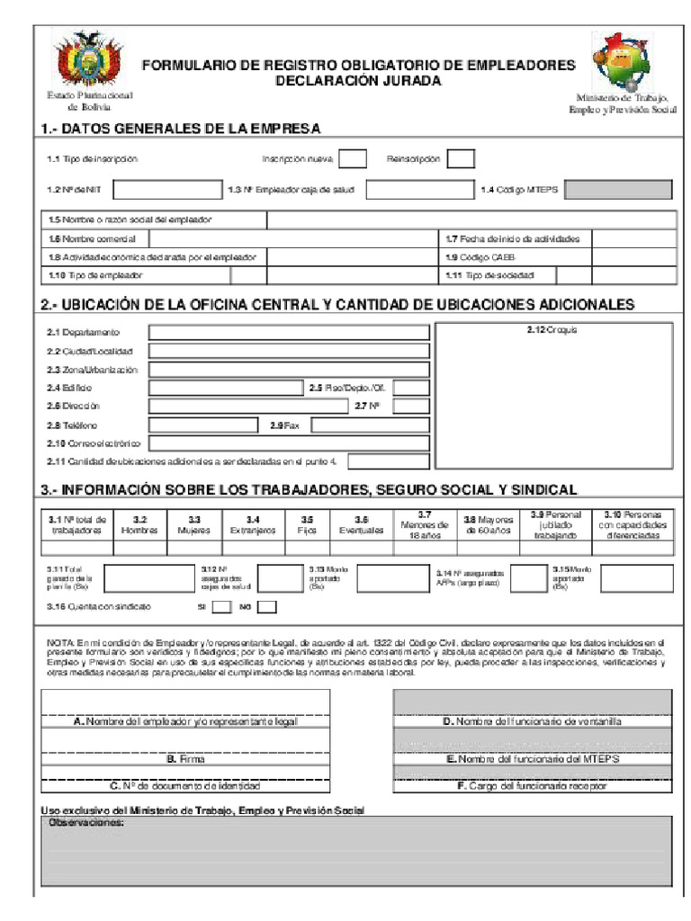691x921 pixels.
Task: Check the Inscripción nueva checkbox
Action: pyautogui.click(x=353, y=159)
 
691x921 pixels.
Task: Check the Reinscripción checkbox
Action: pyautogui.click(x=461, y=159)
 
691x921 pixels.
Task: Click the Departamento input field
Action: pyautogui.click(x=289, y=333)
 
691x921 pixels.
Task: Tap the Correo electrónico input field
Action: pyautogui.click(x=289, y=443)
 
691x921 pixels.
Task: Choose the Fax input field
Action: pyautogui.click(x=370, y=425)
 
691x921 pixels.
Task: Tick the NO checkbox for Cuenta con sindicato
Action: pyautogui.click(x=266, y=607)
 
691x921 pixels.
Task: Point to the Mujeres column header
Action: pyautogui.click(x=193, y=525)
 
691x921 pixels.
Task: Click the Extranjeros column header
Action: pyautogui.click(x=253, y=525)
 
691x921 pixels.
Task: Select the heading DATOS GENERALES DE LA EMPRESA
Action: pyautogui.click(x=180, y=129)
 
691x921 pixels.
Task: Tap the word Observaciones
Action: pyautogui.click(x=85, y=823)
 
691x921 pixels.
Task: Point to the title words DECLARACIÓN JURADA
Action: pyautogui.click(x=358, y=81)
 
